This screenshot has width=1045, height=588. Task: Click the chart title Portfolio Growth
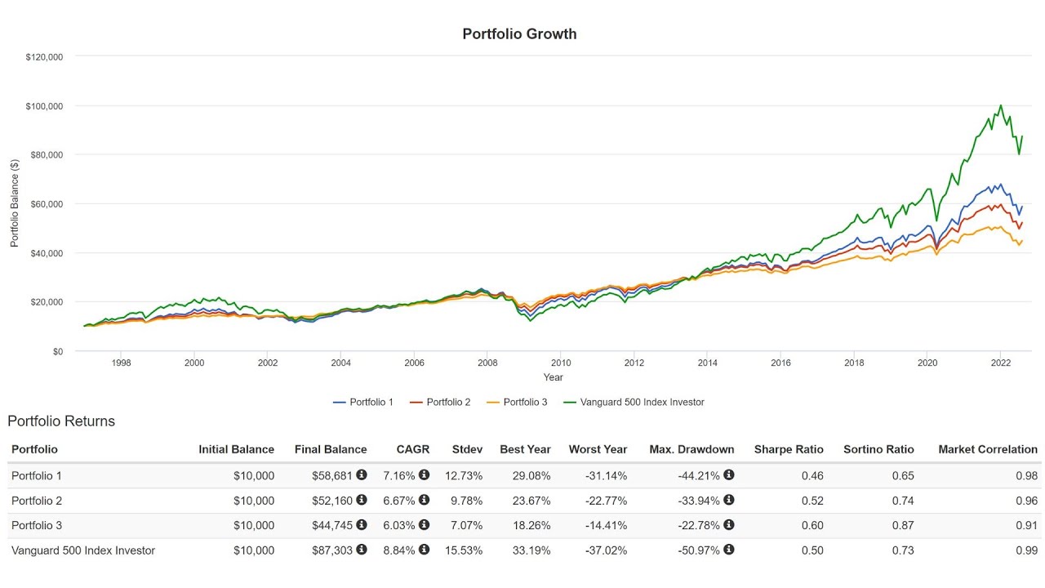pyautogui.click(x=519, y=33)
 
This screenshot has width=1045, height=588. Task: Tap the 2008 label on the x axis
pyautogui.click(x=487, y=363)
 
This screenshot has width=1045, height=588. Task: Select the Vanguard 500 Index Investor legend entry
pyautogui.click(x=641, y=402)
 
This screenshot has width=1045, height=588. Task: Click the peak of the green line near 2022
pyautogui.click(x=1001, y=105)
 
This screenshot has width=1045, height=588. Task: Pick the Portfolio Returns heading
pyautogui.click(x=61, y=421)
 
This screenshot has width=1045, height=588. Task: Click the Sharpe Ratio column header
pyautogui.click(x=788, y=449)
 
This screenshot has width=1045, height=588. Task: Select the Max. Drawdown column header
pyautogui.click(x=691, y=449)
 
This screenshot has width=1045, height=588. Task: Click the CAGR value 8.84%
pyautogui.click(x=399, y=550)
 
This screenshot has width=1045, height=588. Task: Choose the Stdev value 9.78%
pyautogui.click(x=467, y=501)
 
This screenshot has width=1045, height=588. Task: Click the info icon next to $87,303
pyautogui.click(x=362, y=550)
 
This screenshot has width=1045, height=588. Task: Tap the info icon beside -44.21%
pyautogui.click(x=729, y=475)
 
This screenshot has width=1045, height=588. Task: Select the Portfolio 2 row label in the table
pyautogui.click(x=37, y=501)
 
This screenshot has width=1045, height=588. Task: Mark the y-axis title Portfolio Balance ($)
pyautogui.click(x=15, y=203)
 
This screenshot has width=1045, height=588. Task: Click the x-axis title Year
pyautogui.click(x=553, y=377)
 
